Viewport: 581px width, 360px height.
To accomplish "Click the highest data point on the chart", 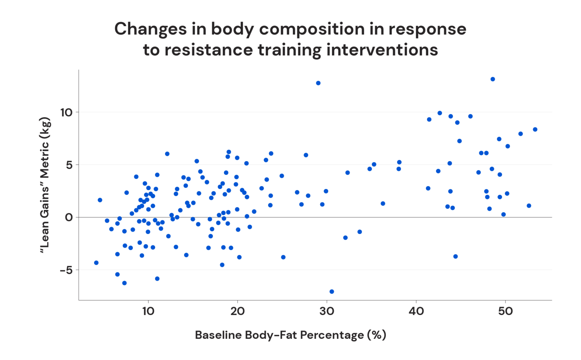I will (x=492, y=79).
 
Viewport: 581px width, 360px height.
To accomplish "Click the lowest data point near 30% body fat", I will (x=332, y=292).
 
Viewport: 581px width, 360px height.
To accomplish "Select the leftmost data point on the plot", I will (x=96, y=263).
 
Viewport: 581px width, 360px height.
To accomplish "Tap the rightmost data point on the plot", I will (x=535, y=129).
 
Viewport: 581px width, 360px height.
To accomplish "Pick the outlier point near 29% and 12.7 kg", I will (x=318, y=83).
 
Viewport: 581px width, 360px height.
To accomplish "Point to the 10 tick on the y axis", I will (x=66, y=112).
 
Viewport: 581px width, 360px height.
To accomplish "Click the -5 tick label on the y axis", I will (x=66, y=270).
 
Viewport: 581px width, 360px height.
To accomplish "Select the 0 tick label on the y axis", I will (x=68, y=217).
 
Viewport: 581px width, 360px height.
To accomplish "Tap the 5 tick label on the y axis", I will (x=68, y=165).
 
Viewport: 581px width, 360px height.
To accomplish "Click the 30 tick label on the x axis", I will (x=326, y=311).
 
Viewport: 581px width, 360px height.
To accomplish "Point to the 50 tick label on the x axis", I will (x=505, y=311).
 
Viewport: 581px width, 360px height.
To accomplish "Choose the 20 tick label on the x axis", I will (x=237, y=311).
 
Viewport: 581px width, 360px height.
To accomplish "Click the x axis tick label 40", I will (x=416, y=311).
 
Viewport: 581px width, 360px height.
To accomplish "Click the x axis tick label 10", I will (x=148, y=311).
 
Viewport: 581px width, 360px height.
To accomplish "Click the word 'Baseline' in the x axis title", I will (x=218, y=335).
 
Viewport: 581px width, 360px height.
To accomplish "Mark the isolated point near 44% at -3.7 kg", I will (x=455, y=256).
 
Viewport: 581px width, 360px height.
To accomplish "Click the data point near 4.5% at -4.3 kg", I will (x=96, y=263).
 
